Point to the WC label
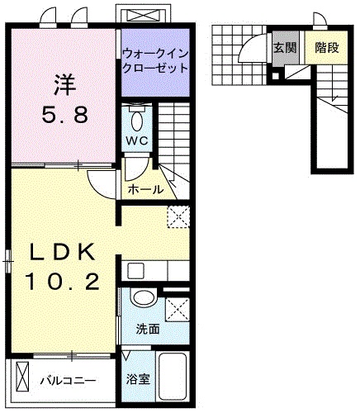(137, 140)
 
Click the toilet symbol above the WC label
(138, 116)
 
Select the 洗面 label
(148, 329)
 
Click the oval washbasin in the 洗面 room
(144, 298)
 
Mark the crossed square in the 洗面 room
(176, 310)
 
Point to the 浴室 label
(138, 380)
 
